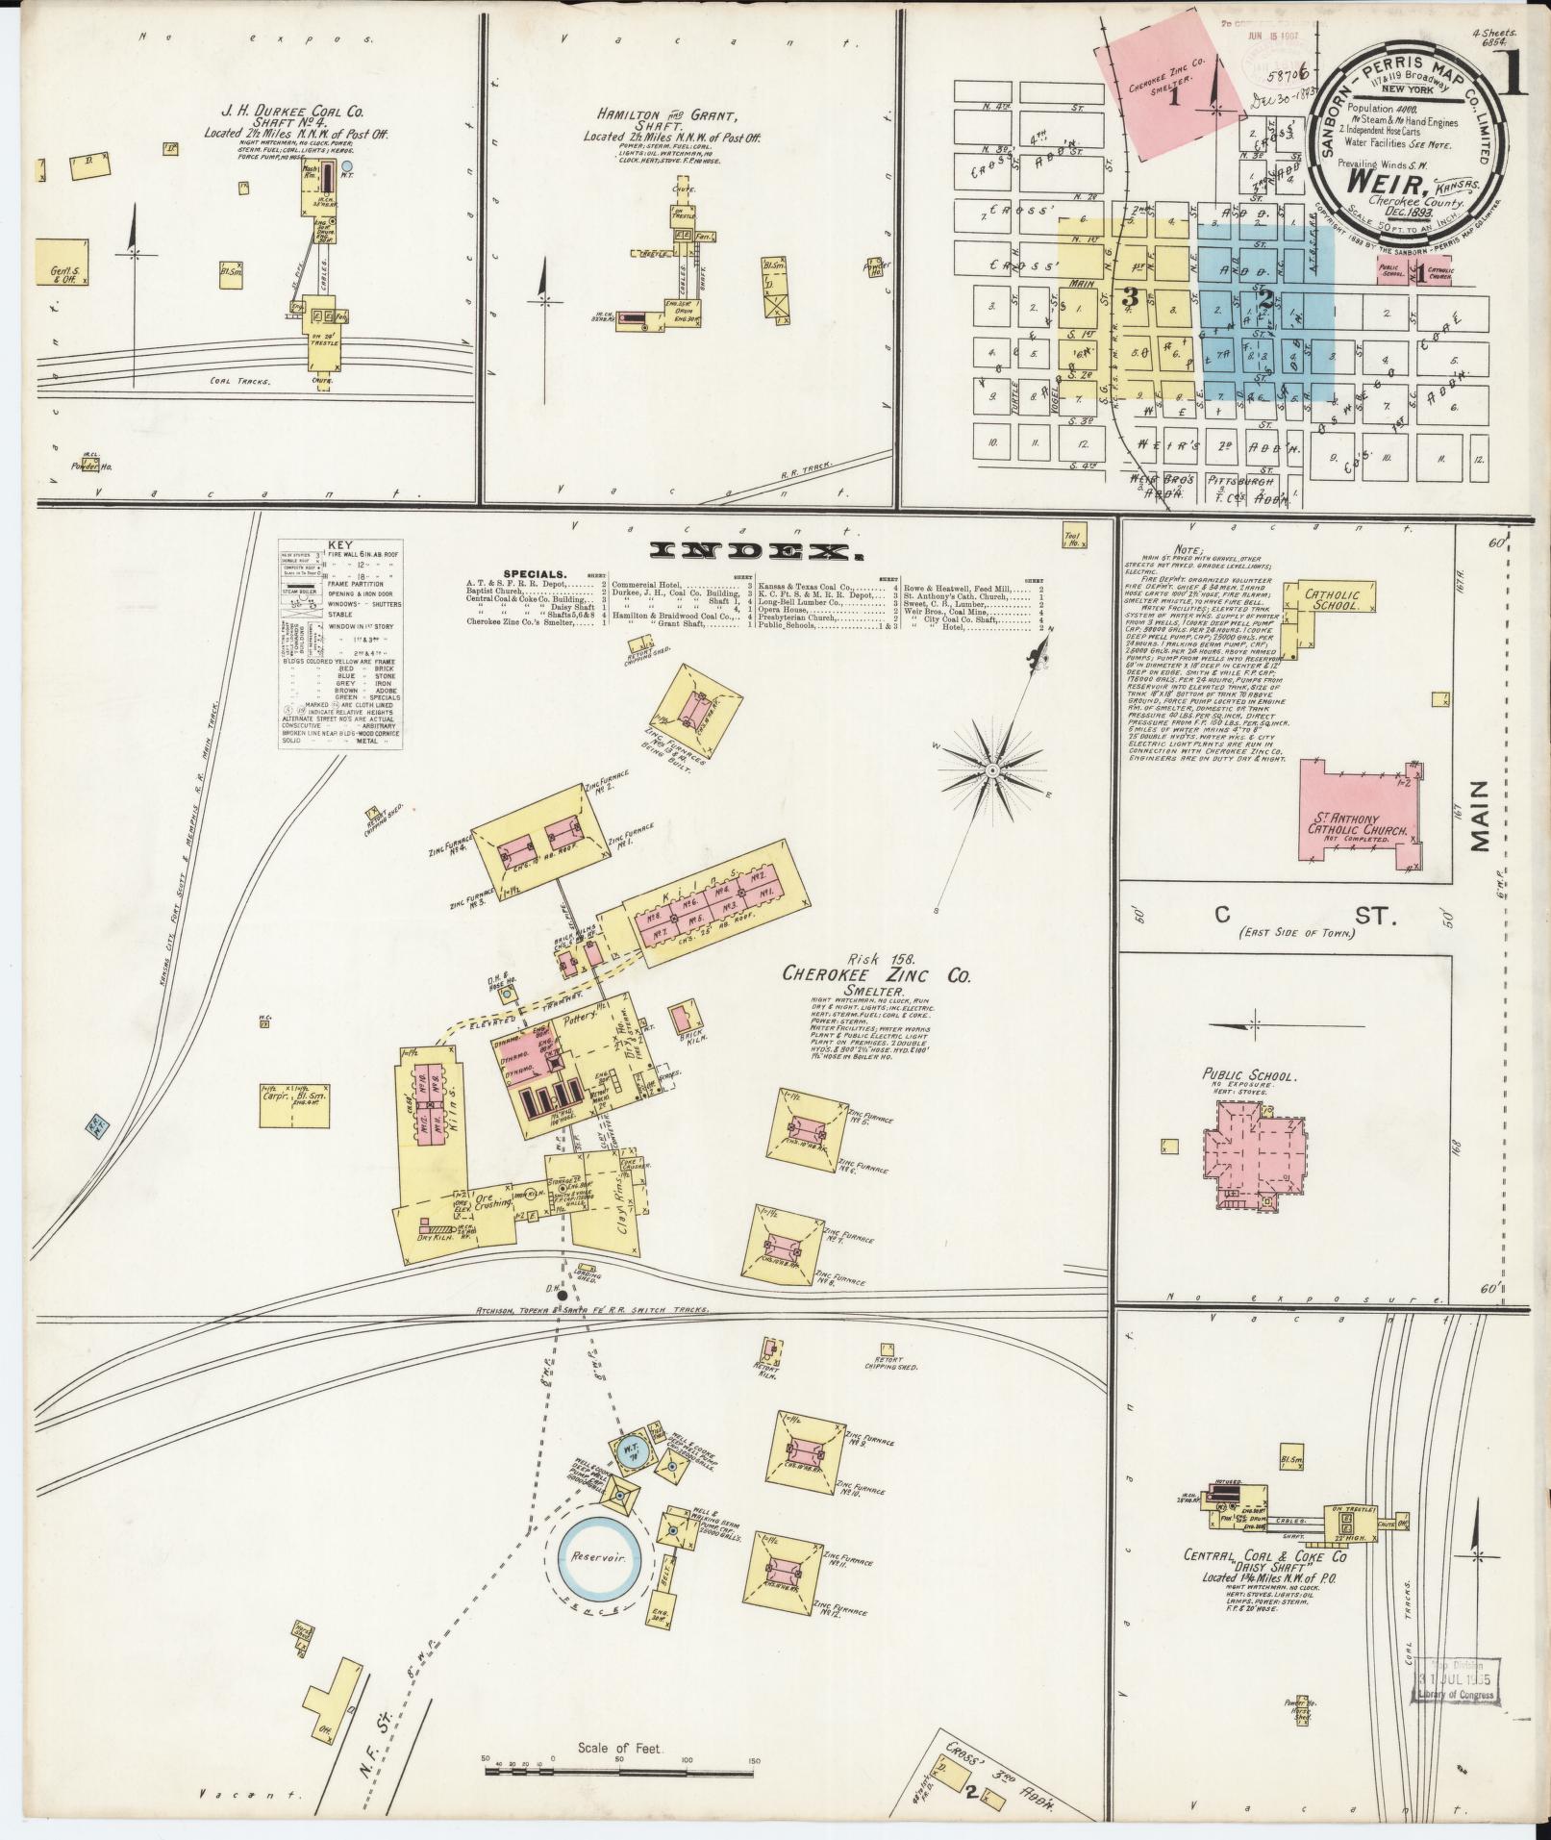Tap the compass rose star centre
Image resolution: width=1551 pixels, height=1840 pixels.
[991, 770]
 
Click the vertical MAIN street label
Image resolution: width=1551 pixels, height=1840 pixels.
[1478, 816]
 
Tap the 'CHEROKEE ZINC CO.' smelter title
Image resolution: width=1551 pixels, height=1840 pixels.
[876, 975]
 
